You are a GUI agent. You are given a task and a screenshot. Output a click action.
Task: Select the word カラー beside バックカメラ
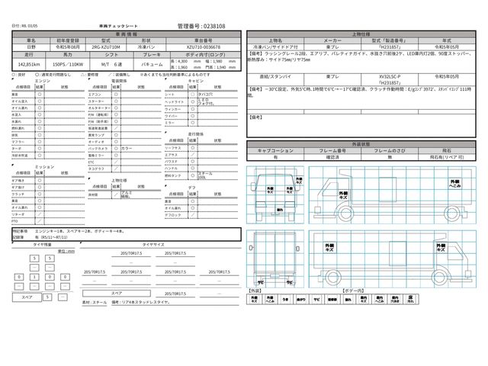(127, 148)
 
